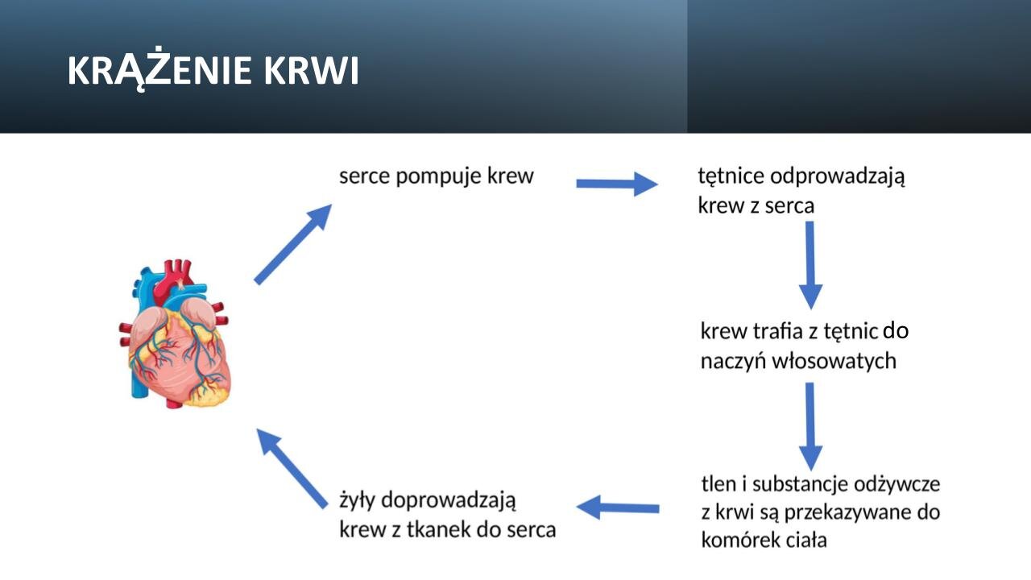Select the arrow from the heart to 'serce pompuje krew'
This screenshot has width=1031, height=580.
pos(292,244)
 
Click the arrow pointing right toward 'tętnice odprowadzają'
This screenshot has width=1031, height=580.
pos(617,184)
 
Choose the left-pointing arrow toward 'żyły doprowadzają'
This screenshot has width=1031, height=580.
pos(619,508)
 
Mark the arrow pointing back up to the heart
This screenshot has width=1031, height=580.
pos(292,468)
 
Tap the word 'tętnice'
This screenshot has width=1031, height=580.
pos(730,176)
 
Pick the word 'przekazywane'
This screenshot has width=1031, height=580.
pos(838,512)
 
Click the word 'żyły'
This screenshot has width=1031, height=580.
pos(358,500)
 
